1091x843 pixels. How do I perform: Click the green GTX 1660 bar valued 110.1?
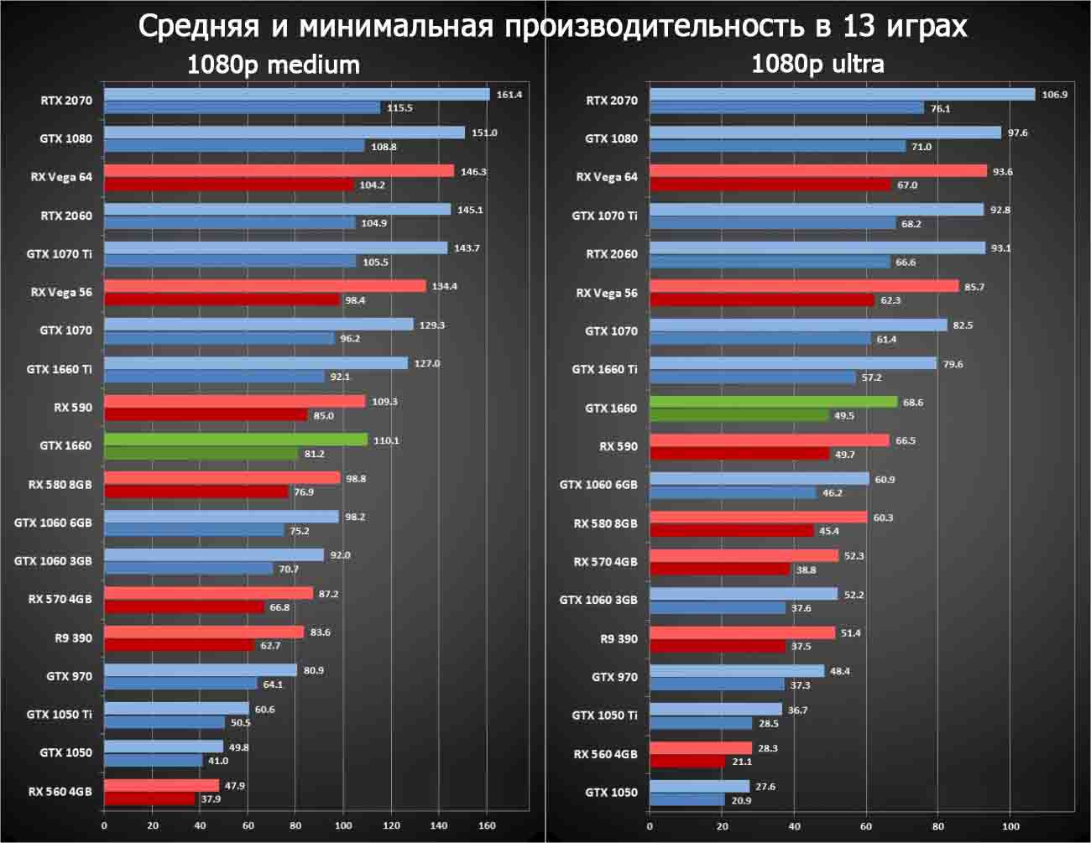pyautogui.click(x=235, y=440)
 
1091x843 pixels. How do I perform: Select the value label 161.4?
pyautogui.click(x=509, y=95)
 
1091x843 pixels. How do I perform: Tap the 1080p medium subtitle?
pyautogui.click(x=273, y=65)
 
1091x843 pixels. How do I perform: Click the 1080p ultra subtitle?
pyautogui.click(x=817, y=64)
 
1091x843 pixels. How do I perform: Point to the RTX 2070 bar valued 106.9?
pyautogui.click(x=842, y=94)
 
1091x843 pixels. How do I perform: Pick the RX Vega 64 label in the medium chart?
pyautogui.click(x=61, y=177)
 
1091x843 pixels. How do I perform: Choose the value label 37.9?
pyautogui.click(x=211, y=799)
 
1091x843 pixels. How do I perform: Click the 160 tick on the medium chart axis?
pyautogui.click(x=486, y=825)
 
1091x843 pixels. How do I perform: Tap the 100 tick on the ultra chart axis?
pyautogui.click(x=1011, y=825)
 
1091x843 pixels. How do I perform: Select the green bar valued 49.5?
pyautogui.click(x=739, y=415)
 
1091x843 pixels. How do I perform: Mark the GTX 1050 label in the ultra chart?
pyautogui.click(x=611, y=792)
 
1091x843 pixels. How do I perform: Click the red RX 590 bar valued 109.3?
pyautogui.click(x=234, y=401)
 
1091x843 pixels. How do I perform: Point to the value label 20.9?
pyautogui.click(x=741, y=800)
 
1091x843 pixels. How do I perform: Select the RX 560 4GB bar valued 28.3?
pyautogui.click(x=701, y=747)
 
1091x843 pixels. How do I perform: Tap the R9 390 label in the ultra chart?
pyautogui.click(x=619, y=638)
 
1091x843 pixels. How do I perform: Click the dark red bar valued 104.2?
pyautogui.click(x=228, y=185)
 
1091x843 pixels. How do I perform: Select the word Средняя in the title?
pyautogui.click(x=199, y=27)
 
